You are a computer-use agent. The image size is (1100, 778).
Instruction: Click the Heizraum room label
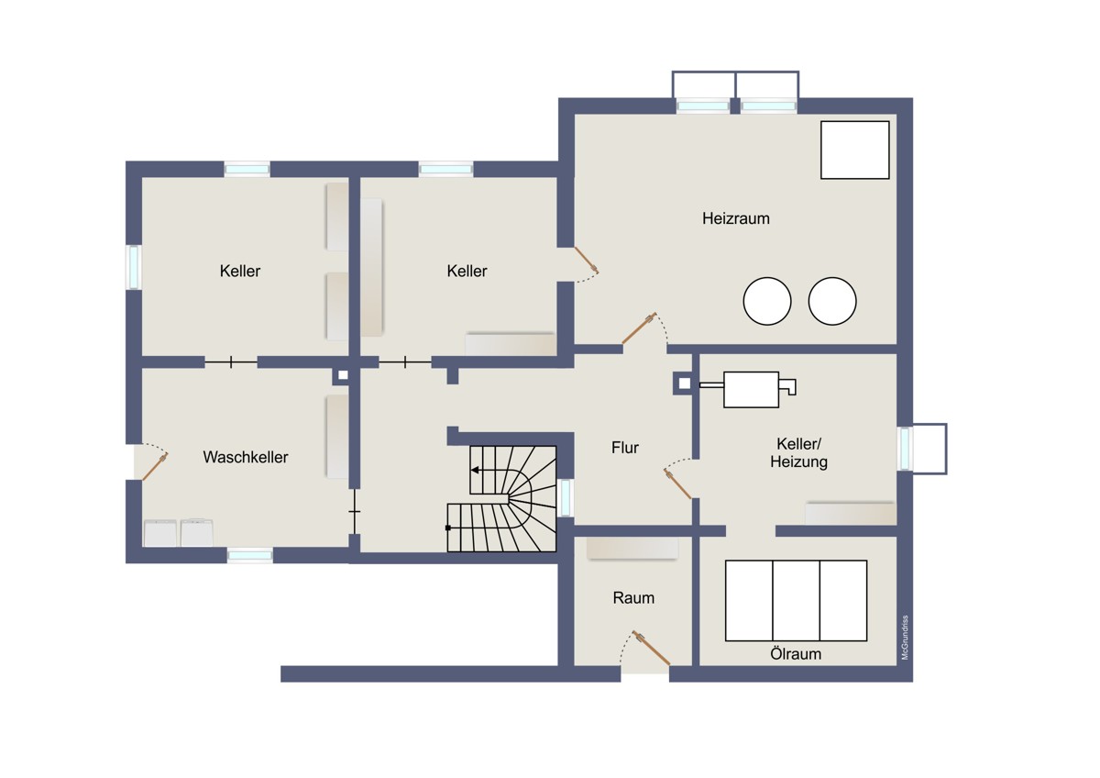735,218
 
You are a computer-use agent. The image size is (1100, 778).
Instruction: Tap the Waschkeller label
246,457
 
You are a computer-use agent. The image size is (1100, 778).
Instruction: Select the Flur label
624,448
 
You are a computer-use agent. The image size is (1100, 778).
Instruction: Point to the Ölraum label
796,654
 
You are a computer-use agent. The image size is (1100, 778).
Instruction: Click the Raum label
633,598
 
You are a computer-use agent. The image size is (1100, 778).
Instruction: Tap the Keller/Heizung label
798,452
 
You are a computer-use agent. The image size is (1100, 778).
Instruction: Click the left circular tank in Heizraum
767,301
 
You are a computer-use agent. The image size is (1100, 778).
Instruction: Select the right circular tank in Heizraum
832,301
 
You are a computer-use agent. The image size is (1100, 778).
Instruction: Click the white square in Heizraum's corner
855,150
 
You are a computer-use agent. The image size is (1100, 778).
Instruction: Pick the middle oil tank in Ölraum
796,601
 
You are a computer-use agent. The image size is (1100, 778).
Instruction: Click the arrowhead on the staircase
475,471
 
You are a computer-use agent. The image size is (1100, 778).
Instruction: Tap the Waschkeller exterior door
155,466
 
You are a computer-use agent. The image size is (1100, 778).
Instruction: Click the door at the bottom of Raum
651,649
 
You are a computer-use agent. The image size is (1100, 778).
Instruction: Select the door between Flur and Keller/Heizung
677,483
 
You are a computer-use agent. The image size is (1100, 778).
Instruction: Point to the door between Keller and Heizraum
587,260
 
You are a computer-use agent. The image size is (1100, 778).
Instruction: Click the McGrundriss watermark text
905,638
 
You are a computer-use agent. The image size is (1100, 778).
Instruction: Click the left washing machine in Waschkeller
160,533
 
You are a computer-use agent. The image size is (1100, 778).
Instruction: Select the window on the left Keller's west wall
134,267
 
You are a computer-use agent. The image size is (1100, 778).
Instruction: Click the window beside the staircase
566,497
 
